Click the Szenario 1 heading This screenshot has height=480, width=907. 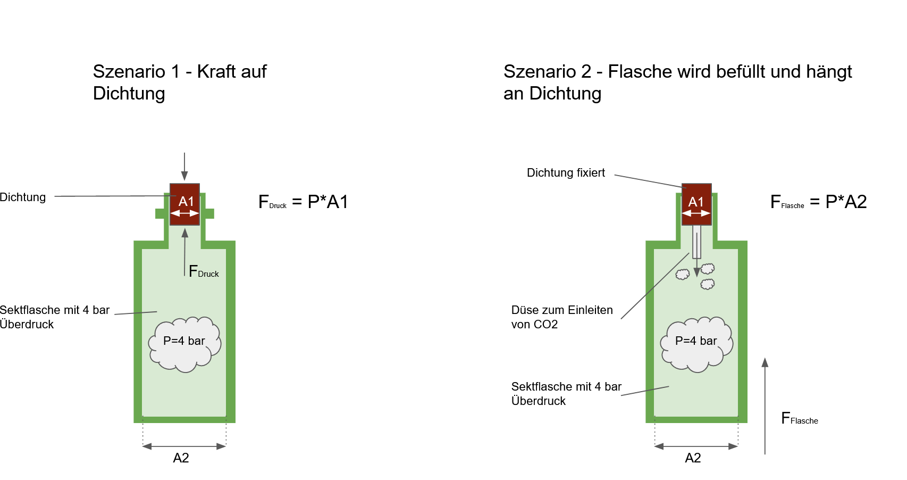pyautogui.click(x=180, y=82)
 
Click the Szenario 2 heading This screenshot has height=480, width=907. pyautogui.click(x=678, y=82)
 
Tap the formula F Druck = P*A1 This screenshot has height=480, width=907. pyautogui.click(x=303, y=202)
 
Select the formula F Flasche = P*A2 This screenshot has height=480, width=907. pyautogui.click(x=818, y=202)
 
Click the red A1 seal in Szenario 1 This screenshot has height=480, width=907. pyautogui.click(x=184, y=204)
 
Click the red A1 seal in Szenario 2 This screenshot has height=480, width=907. pyautogui.click(x=696, y=204)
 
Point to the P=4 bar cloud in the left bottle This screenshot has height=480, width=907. pyautogui.click(x=184, y=344)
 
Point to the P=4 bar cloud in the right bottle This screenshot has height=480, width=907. pyautogui.click(x=696, y=344)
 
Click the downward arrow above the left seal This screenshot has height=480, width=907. pyautogui.click(x=184, y=167)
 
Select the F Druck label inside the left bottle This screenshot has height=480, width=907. pyautogui.click(x=204, y=271)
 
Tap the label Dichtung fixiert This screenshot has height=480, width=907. pyautogui.click(x=566, y=173)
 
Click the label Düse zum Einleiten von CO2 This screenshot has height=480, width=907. pyautogui.click(x=562, y=317)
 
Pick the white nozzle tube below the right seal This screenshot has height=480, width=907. pyautogui.click(x=696, y=242)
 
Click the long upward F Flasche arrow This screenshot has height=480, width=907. pyautogui.click(x=765, y=406)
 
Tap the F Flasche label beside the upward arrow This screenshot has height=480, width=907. pyautogui.click(x=800, y=418)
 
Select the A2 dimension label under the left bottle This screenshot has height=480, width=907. pyautogui.click(x=181, y=458)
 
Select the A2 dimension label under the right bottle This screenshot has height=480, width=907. pyautogui.click(x=693, y=458)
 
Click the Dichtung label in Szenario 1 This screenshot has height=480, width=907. pyautogui.click(x=23, y=197)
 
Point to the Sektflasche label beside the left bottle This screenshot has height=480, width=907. pyautogui.click(x=55, y=317)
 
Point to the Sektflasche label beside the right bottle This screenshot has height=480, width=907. pyautogui.click(x=566, y=394)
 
